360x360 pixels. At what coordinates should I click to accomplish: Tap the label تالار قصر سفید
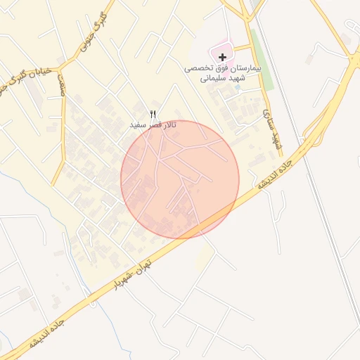click(153, 124)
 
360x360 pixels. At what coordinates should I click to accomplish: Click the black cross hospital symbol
click(223, 56)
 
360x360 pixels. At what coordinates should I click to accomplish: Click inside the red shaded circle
click(180, 179)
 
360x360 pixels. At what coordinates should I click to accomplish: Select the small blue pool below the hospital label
click(238, 89)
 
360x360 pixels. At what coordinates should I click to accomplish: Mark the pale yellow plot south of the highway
click(205, 257)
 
